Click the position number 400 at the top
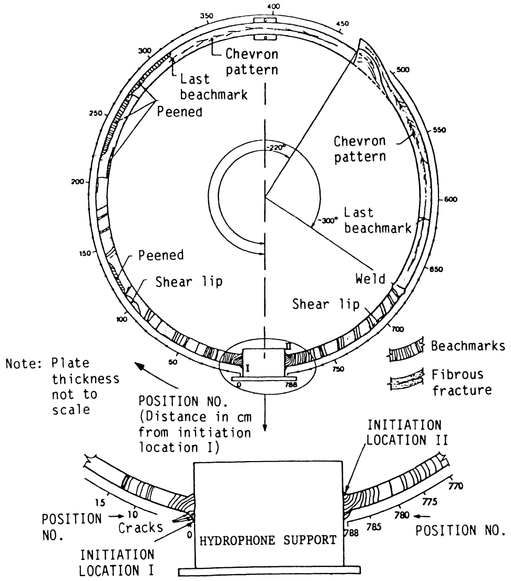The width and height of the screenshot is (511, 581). pos(273,6)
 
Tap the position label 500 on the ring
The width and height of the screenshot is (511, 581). pos(403,69)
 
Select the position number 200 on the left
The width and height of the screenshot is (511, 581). pos(77,182)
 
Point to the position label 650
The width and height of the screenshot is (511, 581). pos(436,269)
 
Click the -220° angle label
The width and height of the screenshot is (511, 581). pos(274,147)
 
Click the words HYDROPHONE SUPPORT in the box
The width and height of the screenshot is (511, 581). pos(268,540)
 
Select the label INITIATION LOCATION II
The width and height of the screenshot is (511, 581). pos(407,433)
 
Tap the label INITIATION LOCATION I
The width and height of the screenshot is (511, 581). pos(117,563)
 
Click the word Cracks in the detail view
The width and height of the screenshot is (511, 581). pos(140,527)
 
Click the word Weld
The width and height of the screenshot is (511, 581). pos(371,278)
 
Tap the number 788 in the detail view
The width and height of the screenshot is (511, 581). pos(353,533)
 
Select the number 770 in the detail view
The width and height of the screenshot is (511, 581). pos(456,485)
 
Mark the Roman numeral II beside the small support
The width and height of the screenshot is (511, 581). pos(289,346)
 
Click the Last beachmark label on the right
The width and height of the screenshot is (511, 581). pos(378,220)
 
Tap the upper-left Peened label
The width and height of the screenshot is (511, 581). pos(180,112)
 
